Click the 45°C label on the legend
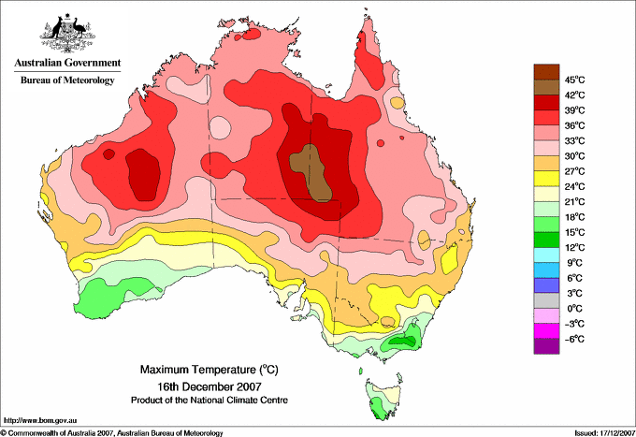pyautogui.click(x=575, y=80)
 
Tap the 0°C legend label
pyautogui.click(x=575, y=309)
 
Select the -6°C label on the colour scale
pyautogui.click(x=574, y=339)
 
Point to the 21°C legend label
pyautogui.click(x=575, y=202)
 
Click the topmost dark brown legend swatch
pyautogui.click(x=546, y=72)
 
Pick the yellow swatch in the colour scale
pyautogui.click(x=546, y=179)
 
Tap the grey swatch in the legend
pyautogui.click(x=546, y=300)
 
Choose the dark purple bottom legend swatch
pyautogui.click(x=546, y=346)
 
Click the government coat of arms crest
pyautogui.click(x=67, y=33)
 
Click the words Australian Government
pyautogui.click(x=67, y=63)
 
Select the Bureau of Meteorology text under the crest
pyautogui.click(x=67, y=80)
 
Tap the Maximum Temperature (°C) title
pyautogui.click(x=210, y=370)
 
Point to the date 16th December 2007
pyautogui.click(x=210, y=386)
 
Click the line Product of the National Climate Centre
pyautogui.click(x=210, y=401)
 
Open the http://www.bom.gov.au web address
pyautogui.click(x=40, y=421)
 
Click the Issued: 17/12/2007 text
pyautogui.click(x=605, y=433)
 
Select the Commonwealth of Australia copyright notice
pyautogui.click(x=112, y=433)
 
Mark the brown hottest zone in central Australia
pyautogui.click(x=311, y=172)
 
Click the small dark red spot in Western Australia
pyautogui.click(x=108, y=153)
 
